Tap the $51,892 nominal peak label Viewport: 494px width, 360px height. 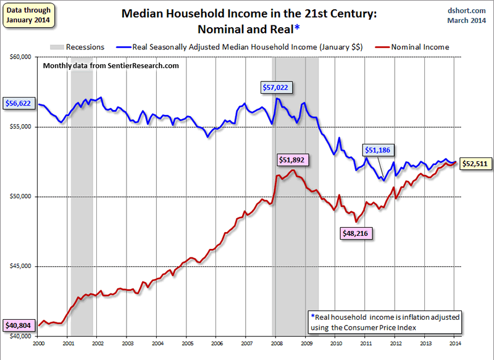[x=292, y=159]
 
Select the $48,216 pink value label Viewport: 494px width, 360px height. [x=356, y=234]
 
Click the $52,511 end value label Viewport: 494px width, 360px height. [x=476, y=164]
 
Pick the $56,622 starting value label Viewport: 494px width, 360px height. [x=18, y=104]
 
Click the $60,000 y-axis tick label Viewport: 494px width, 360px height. [x=21, y=57]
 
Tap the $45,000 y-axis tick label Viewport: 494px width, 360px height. [x=21, y=267]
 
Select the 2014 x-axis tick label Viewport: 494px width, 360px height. [x=454, y=343]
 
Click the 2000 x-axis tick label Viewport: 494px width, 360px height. [x=39, y=343]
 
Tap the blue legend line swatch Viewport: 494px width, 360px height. [x=123, y=46]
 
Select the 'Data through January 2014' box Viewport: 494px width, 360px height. [x=28, y=15]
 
